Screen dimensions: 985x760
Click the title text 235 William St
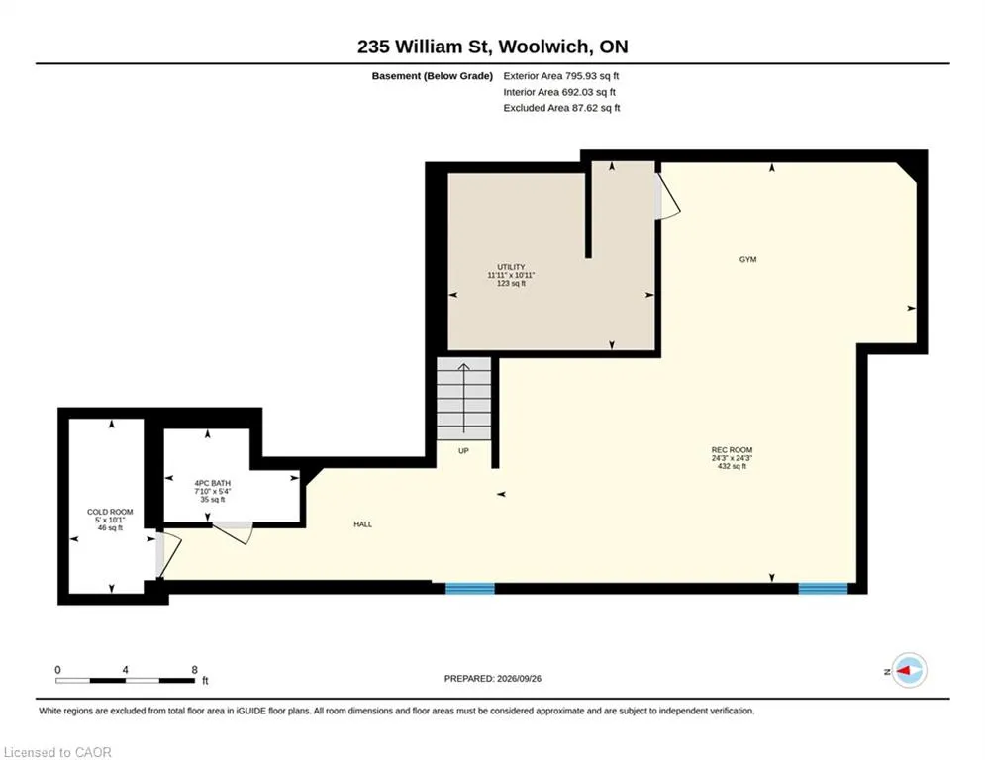click(428, 47)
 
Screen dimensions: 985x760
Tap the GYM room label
click(747, 259)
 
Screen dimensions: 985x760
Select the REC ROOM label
click(732, 450)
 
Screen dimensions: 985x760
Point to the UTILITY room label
click(511, 267)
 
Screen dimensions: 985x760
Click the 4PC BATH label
click(212, 483)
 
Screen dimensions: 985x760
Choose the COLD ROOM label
click(110, 512)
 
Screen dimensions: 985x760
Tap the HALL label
click(363, 524)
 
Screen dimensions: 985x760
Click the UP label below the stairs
click(463, 451)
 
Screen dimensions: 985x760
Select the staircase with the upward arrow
click(463, 399)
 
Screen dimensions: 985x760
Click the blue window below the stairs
click(470, 589)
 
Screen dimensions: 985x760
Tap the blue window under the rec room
click(823, 589)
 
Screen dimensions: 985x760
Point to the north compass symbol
click(910, 671)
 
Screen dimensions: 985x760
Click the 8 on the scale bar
click(195, 670)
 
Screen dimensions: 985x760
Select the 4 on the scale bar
click(126, 670)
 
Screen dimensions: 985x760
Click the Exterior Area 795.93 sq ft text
click(561, 76)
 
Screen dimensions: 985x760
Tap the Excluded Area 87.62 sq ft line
click(561, 108)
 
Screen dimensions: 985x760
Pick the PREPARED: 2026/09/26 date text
click(493, 678)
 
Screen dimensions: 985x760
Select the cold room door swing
click(168, 555)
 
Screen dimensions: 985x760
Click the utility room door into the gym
click(667, 196)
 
